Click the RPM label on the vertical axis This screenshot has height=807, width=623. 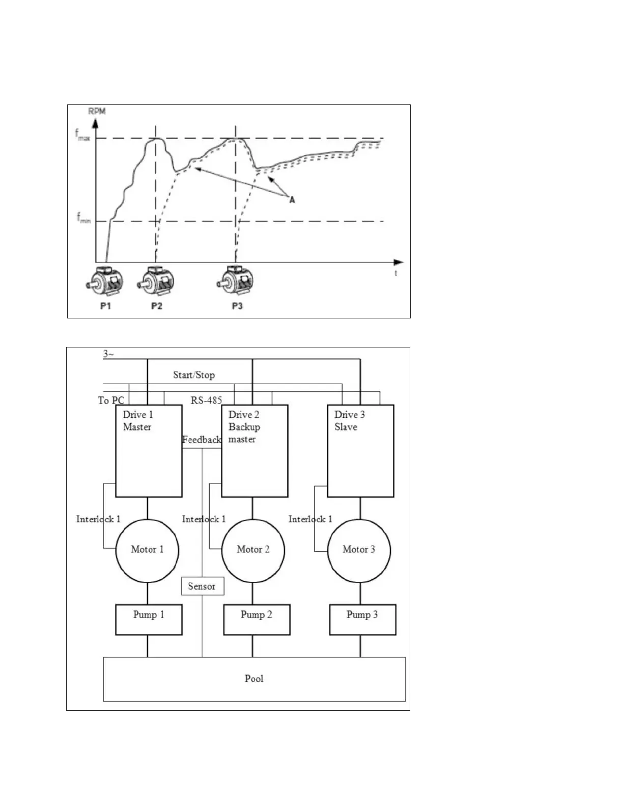click(97, 111)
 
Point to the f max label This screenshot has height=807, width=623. click(82, 136)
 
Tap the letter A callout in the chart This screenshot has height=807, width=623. click(292, 200)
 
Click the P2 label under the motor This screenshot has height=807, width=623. click(156, 306)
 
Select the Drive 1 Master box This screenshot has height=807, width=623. click(149, 451)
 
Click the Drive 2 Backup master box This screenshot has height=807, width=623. click(254, 451)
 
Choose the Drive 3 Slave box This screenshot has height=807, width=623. click(360, 451)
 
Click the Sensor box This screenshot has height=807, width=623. click(203, 586)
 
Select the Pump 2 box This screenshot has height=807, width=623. click(257, 620)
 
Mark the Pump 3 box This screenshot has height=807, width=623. click(362, 620)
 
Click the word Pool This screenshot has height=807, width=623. click(254, 679)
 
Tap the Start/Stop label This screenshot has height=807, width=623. click(194, 375)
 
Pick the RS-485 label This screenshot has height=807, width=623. click(206, 400)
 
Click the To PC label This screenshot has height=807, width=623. click(111, 400)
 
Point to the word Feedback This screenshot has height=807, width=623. click(202, 440)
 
